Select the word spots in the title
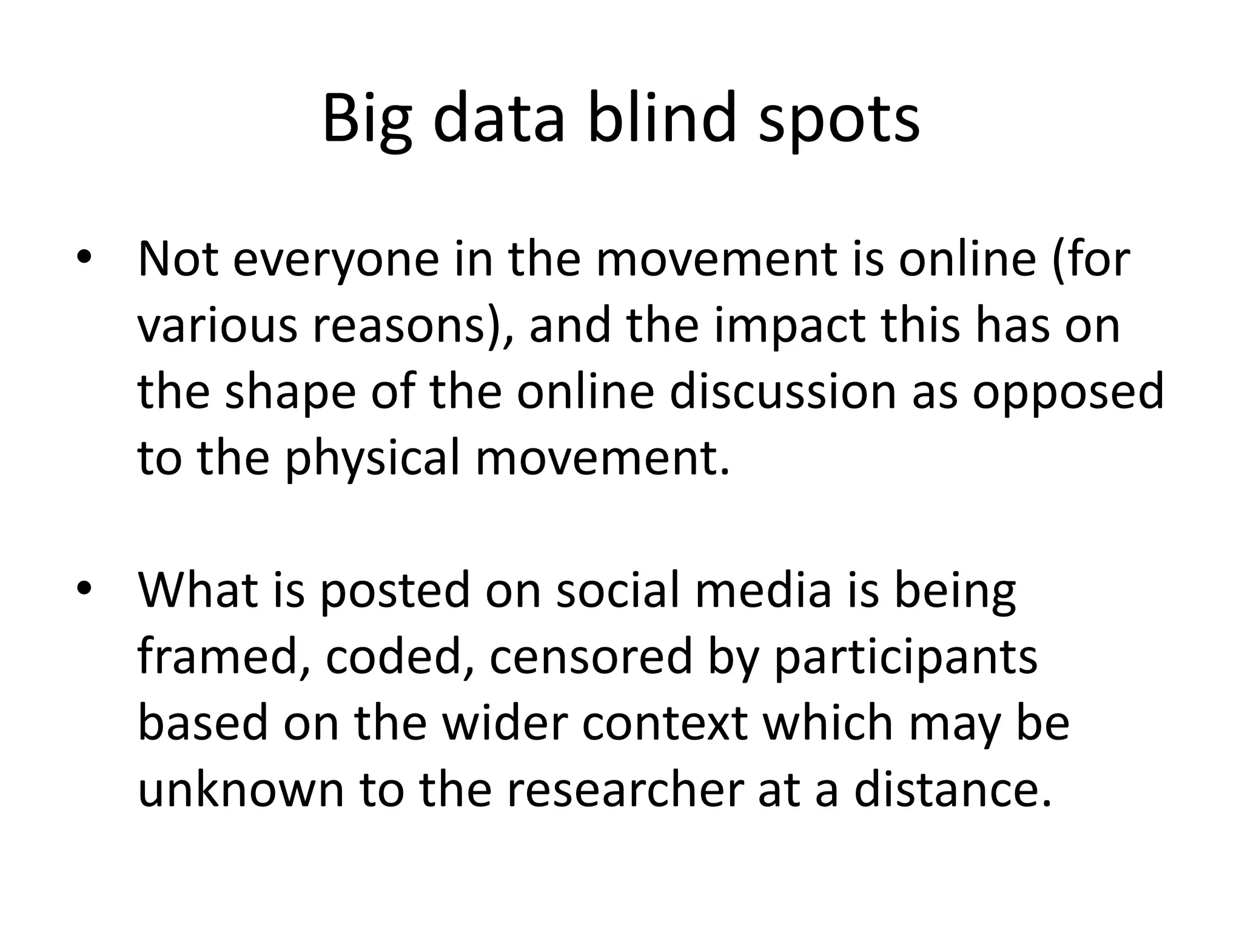(839, 120)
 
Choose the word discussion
(782, 391)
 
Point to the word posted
(395, 591)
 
